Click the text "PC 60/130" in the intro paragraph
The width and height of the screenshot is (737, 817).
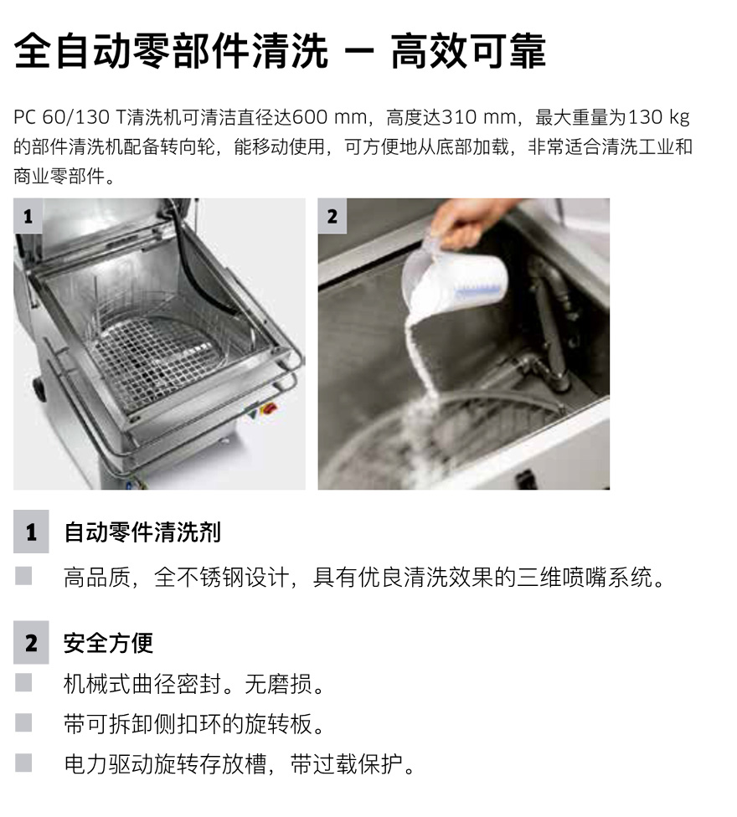pyautogui.click(x=61, y=117)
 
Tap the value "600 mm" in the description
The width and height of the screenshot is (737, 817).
pyautogui.click(x=329, y=117)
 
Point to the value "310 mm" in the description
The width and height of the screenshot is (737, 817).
pyautogui.click(x=479, y=117)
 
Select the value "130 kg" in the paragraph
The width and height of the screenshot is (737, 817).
pyautogui.click(x=659, y=117)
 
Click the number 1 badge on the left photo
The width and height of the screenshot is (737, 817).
pyautogui.click(x=28, y=216)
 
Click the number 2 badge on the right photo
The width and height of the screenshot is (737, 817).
pyautogui.click(x=332, y=216)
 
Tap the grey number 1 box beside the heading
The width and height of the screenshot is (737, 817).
pyautogui.click(x=31, y=532)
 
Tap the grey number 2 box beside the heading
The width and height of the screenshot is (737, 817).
pyautogui.click(x=31, y=642)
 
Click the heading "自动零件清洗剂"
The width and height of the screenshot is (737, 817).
pyautogui.click(x=142, y=532)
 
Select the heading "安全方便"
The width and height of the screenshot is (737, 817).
pyautogui.click(x=108, y=643)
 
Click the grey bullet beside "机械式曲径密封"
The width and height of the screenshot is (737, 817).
pyautogui.click(x=23, y=682)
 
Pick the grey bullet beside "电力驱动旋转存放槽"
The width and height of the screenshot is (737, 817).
pyautogui.click(x=23, y=763)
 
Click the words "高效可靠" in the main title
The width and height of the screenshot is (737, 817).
pyautogui.click(x=468, y=51)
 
